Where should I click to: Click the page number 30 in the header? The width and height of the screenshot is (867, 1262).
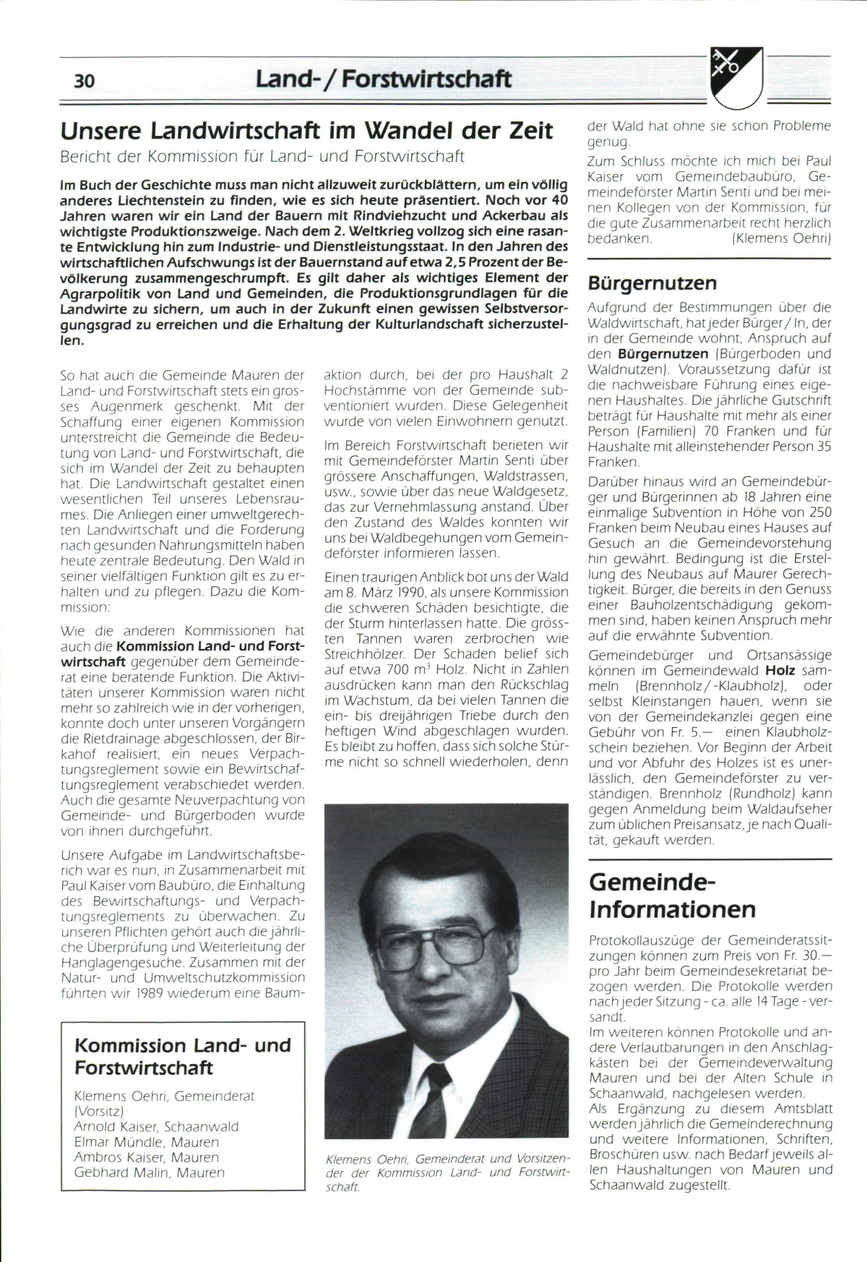84,80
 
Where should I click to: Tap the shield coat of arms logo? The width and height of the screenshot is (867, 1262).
736,77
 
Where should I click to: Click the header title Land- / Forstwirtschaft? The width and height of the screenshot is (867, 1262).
383,79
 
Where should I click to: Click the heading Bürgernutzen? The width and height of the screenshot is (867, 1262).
652,283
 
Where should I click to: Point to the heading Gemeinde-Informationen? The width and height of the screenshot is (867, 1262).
672,896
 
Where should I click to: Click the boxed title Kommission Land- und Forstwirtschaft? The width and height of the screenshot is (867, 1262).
182,1056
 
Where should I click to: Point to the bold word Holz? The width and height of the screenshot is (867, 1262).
780,671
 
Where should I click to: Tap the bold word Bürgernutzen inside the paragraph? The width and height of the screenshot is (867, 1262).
663,354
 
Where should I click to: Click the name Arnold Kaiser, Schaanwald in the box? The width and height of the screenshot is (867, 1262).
156,1126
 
